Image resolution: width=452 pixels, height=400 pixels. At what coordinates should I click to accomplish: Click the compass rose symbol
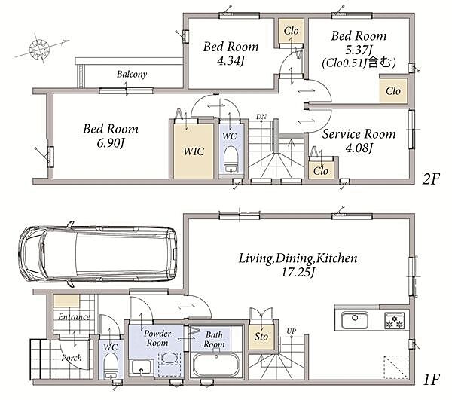(40, 50)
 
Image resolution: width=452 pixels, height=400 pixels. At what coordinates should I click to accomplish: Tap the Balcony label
(132, 75)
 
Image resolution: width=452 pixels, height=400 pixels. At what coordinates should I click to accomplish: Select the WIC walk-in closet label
(194, 151)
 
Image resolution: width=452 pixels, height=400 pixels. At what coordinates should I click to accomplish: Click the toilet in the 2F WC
(231, 160)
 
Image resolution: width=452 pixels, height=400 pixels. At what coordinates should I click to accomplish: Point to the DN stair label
(261, 117)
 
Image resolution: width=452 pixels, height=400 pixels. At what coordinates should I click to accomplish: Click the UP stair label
(292, 331)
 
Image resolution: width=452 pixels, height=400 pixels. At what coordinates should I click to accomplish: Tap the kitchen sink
(355, 320)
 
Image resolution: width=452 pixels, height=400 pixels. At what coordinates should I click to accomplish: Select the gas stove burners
(395, 320)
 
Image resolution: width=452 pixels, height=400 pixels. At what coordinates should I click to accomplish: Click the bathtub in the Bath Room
(216, 365)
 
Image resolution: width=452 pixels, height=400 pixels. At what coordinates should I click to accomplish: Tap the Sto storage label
(261, 336)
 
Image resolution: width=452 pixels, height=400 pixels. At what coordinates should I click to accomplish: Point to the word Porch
(72, 358)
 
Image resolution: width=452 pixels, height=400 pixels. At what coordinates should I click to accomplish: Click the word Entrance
(74, 317)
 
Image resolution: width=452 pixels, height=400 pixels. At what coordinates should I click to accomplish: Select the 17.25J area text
(298, 273)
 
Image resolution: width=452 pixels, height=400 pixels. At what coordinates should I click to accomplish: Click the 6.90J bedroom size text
(111, 143)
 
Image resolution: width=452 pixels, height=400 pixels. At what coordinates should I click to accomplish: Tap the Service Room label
(359, 134)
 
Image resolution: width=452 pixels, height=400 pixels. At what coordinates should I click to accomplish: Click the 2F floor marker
(431, 179)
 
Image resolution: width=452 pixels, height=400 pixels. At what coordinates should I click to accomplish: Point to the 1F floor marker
(432, 380)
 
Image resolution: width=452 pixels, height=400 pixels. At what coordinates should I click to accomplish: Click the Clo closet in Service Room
(321, 171)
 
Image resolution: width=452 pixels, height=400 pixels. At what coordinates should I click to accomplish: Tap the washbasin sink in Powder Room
(142, 367)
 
